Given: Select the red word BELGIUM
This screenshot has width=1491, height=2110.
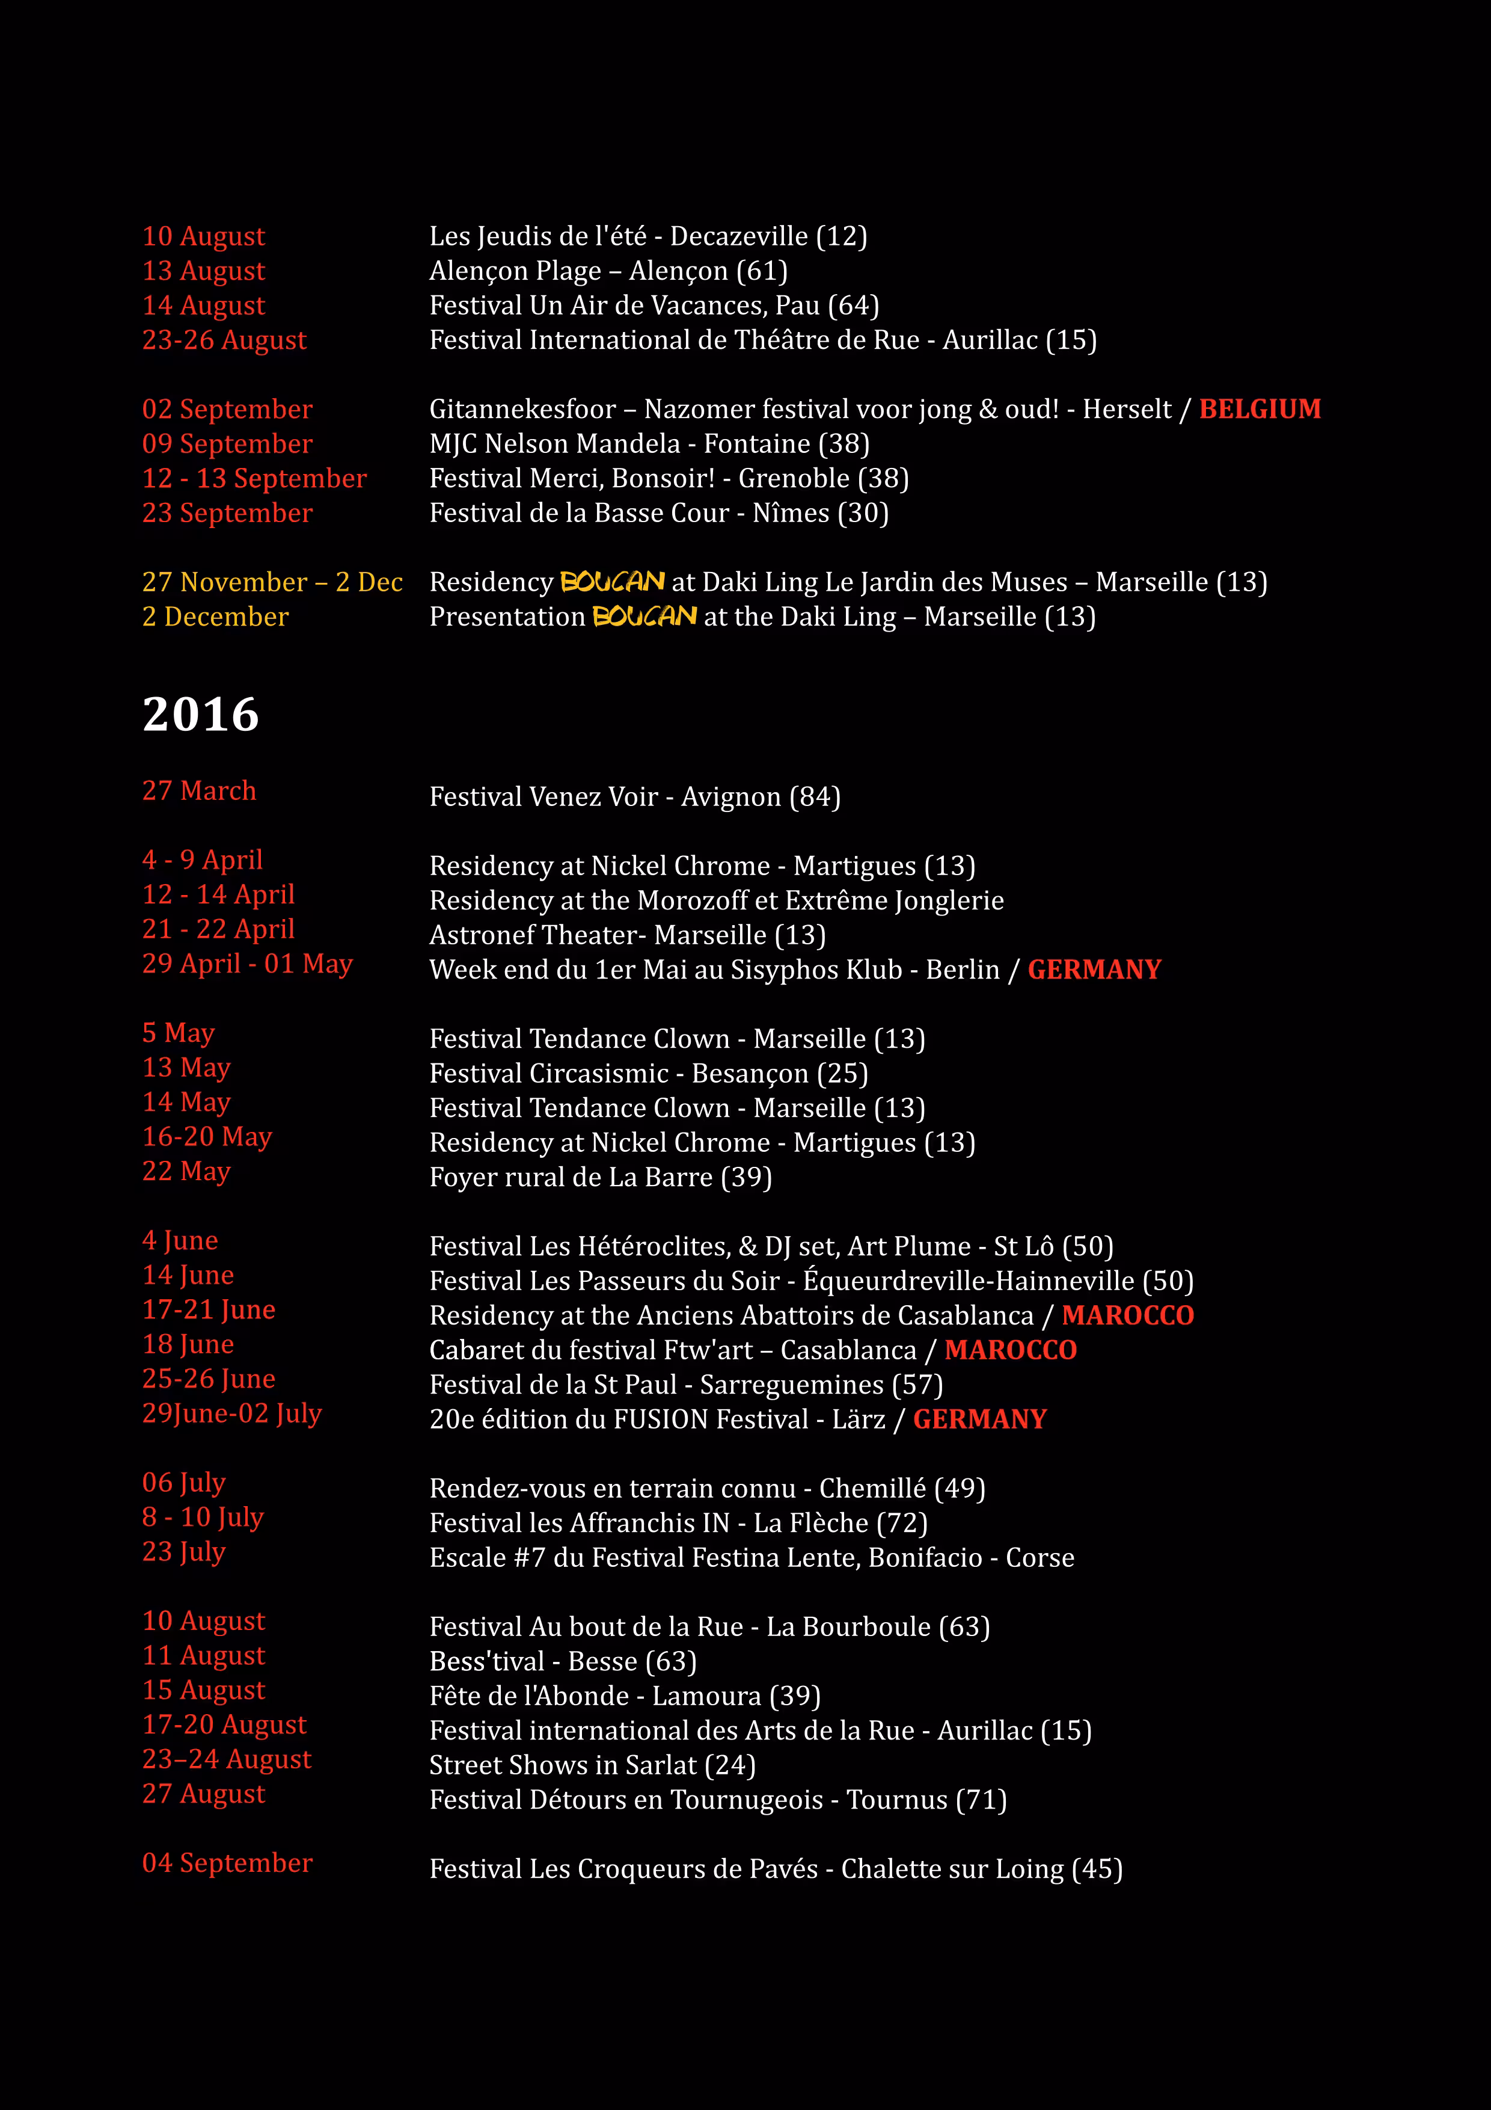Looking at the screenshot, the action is tap(1260, 409).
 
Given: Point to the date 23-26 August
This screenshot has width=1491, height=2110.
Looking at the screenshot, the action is tap(224, 340).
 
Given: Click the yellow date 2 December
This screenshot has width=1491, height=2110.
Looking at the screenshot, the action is tap(215, 617).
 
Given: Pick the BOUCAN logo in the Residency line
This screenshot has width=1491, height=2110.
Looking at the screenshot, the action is tap(612, 582).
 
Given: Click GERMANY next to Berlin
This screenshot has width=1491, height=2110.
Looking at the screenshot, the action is tap(1094, 970).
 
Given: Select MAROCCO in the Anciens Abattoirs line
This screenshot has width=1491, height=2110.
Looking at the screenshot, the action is tap(1127, 1315).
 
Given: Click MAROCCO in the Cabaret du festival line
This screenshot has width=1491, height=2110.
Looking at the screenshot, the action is tap(1011, 1350).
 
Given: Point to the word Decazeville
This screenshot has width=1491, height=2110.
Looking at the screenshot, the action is tap(739, 236).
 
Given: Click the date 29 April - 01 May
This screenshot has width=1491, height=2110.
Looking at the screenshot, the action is tap(247, 964).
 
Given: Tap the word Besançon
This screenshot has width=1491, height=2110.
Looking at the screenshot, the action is tap(750, 1074).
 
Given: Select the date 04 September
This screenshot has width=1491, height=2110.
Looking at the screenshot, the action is tap(227, 1863).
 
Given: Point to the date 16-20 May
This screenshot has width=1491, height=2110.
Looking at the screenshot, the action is tap(207, 1137).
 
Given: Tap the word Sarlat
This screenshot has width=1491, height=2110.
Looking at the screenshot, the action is tap(661, 1765).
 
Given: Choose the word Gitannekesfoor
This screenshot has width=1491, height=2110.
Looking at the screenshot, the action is tap(522, 409).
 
